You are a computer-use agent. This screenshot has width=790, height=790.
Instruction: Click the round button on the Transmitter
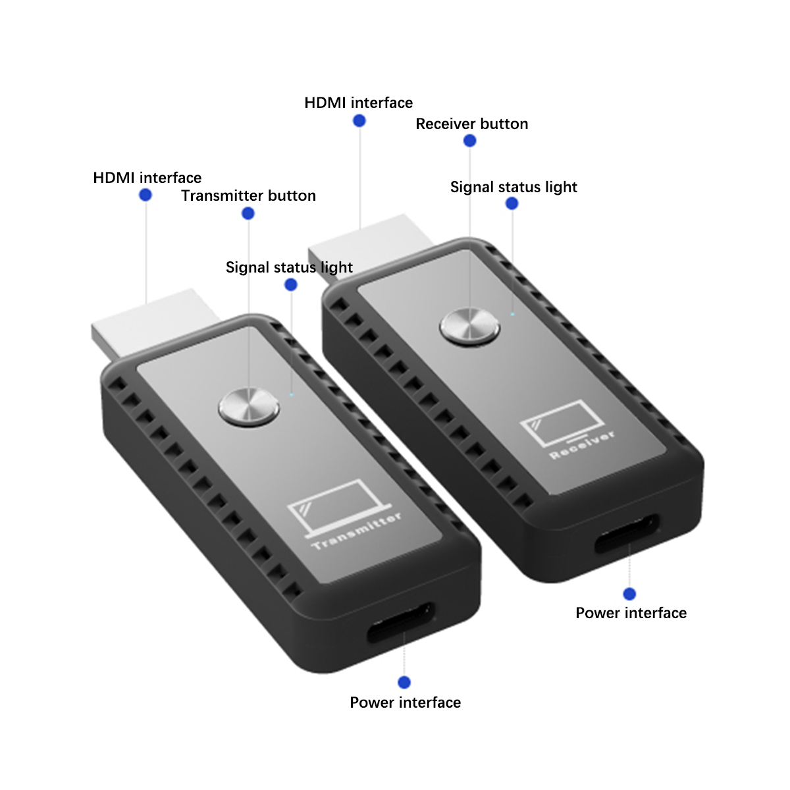249,407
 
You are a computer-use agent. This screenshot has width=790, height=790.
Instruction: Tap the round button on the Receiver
470,327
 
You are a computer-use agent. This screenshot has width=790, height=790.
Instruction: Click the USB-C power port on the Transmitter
401,622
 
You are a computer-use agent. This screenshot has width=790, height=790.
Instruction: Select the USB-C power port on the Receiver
627,533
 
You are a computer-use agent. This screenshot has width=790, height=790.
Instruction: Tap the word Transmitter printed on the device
356,531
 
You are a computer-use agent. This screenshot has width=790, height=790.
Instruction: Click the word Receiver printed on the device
582,444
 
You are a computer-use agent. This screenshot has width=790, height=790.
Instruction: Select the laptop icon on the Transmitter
340,508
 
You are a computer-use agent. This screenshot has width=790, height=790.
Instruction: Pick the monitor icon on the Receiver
562,423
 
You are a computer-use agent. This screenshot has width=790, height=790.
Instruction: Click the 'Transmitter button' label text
248,196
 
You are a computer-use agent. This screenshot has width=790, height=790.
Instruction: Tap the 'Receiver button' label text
472,124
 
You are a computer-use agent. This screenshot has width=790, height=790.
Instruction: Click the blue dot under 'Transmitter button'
248,213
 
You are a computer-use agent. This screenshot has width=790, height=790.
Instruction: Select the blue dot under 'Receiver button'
470,141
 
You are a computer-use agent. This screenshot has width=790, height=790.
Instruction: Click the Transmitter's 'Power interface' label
405,702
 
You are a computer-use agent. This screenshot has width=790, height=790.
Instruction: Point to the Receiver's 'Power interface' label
631,613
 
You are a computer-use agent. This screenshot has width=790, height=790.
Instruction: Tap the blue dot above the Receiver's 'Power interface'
629,594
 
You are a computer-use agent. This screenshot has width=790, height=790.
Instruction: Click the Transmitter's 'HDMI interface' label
147,178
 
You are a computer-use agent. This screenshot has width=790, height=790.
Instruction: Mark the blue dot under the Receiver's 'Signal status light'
512,203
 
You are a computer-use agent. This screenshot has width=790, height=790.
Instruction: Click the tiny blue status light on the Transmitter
292,395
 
